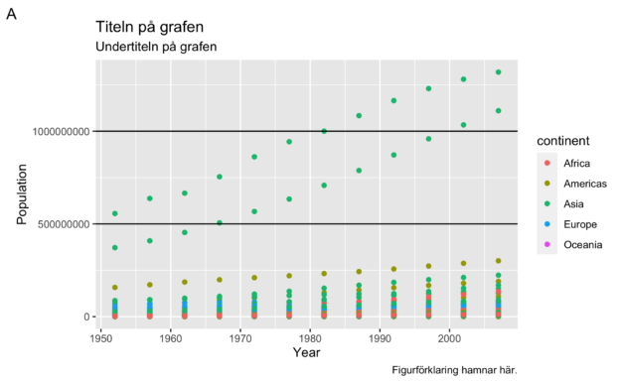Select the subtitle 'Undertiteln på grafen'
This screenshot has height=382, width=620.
(x=156, y=47)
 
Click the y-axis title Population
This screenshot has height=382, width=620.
(x=23, y=194)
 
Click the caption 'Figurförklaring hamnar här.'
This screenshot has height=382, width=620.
(x=453, y=369)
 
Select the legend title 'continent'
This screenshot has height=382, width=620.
(x=564, y=142)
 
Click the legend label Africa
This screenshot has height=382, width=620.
(x=577, y=164)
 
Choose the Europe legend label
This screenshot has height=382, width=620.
(x=580, y=224)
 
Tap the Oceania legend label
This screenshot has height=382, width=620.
(x=583, y=244)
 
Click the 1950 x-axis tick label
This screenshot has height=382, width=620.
(x=101, y=338)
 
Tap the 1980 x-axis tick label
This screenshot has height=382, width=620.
(x=310, y=338)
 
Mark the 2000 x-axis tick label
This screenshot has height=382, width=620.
(x=449, y=338)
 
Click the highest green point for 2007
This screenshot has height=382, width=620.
(x=498, y=72)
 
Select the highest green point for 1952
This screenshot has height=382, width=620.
(x=115, y=213)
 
